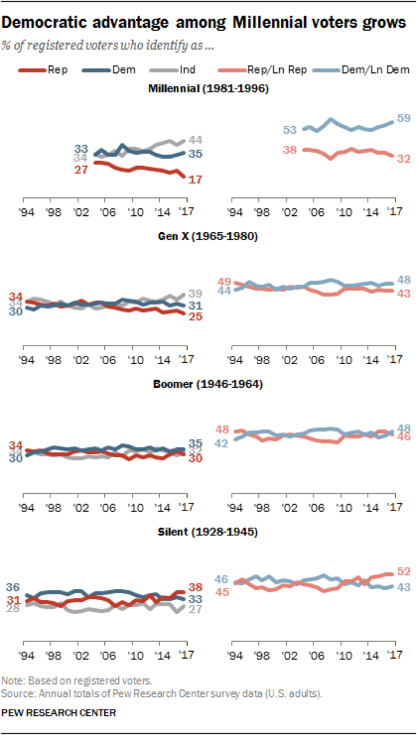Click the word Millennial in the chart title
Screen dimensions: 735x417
(266, 23)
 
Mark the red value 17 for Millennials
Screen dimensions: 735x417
(196, 179)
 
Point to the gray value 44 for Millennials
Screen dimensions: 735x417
(195, 139)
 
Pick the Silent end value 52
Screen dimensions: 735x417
(404, 572)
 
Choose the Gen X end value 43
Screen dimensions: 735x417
(404, 294)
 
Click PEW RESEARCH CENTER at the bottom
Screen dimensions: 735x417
(58, 712)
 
